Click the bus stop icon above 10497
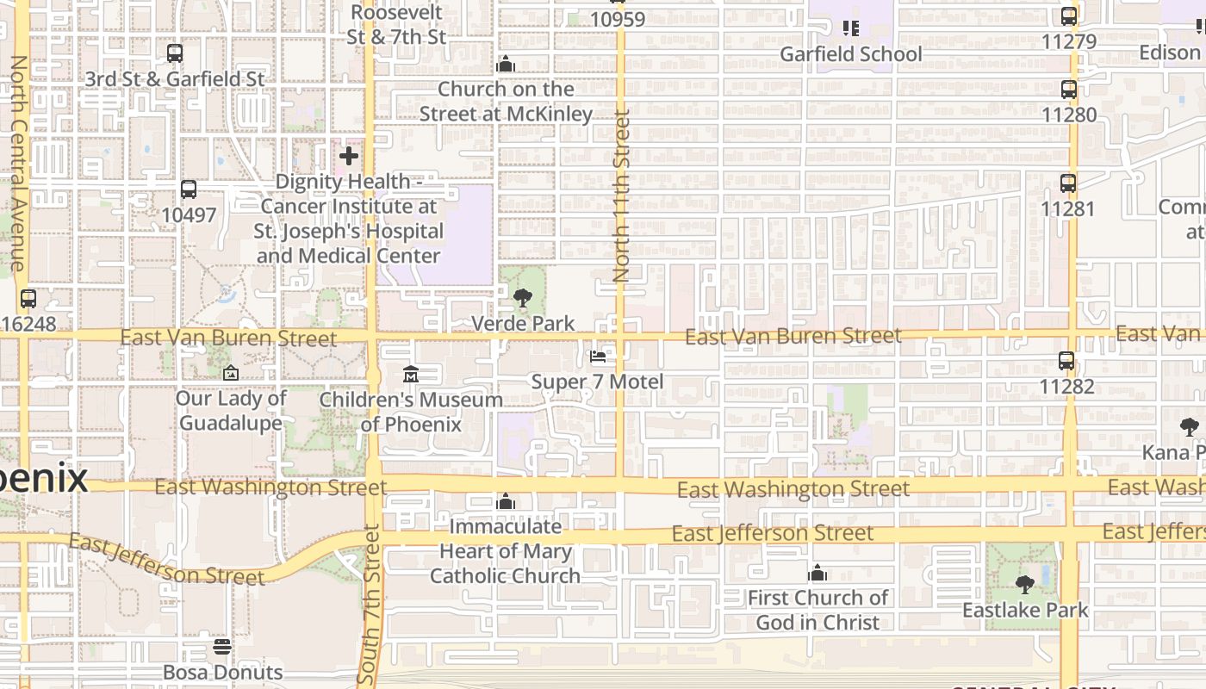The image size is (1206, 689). point(189,189)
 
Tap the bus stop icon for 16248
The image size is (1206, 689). point(28,299)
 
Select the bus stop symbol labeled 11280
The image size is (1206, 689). point(1069,90)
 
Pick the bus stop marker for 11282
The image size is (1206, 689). point(1066,361)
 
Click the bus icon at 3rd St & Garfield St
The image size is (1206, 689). point(175,53)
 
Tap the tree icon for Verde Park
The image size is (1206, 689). point(522,299)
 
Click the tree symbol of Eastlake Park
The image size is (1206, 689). point(1025,585)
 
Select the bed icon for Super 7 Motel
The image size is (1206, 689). point(598,357)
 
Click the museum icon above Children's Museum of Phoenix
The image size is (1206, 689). point(410,375)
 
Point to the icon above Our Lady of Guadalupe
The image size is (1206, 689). point(230,373)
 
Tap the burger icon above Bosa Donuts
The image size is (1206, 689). point(222,647)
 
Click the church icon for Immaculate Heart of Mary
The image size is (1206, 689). point(506,501)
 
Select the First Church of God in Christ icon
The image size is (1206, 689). point(817,573)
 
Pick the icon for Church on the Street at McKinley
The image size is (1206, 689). point(506,64)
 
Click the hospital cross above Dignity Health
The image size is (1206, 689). point(349,156)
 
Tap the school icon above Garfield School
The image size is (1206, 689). point(851,28)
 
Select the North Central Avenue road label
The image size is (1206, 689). point(17,164)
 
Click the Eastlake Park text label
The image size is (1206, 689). point(1025,611)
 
